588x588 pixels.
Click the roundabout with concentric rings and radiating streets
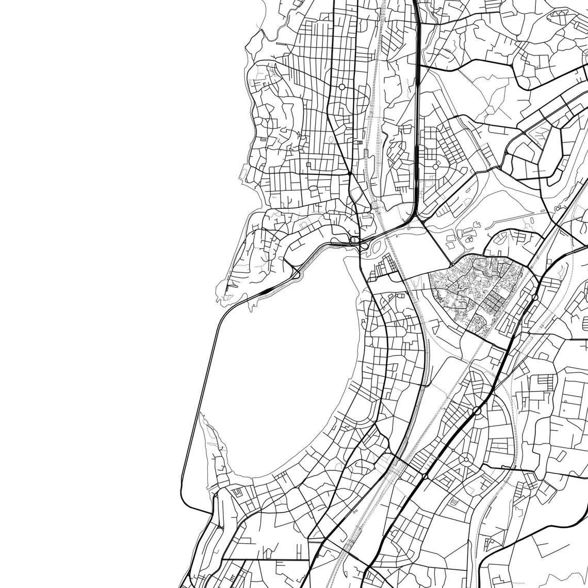point(465,459)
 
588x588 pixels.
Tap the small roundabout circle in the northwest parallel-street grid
point(341,87)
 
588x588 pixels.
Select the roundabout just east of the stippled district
point(535,297)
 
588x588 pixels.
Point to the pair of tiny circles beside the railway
point(355,511)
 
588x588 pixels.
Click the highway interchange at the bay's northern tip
point(356,240)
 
